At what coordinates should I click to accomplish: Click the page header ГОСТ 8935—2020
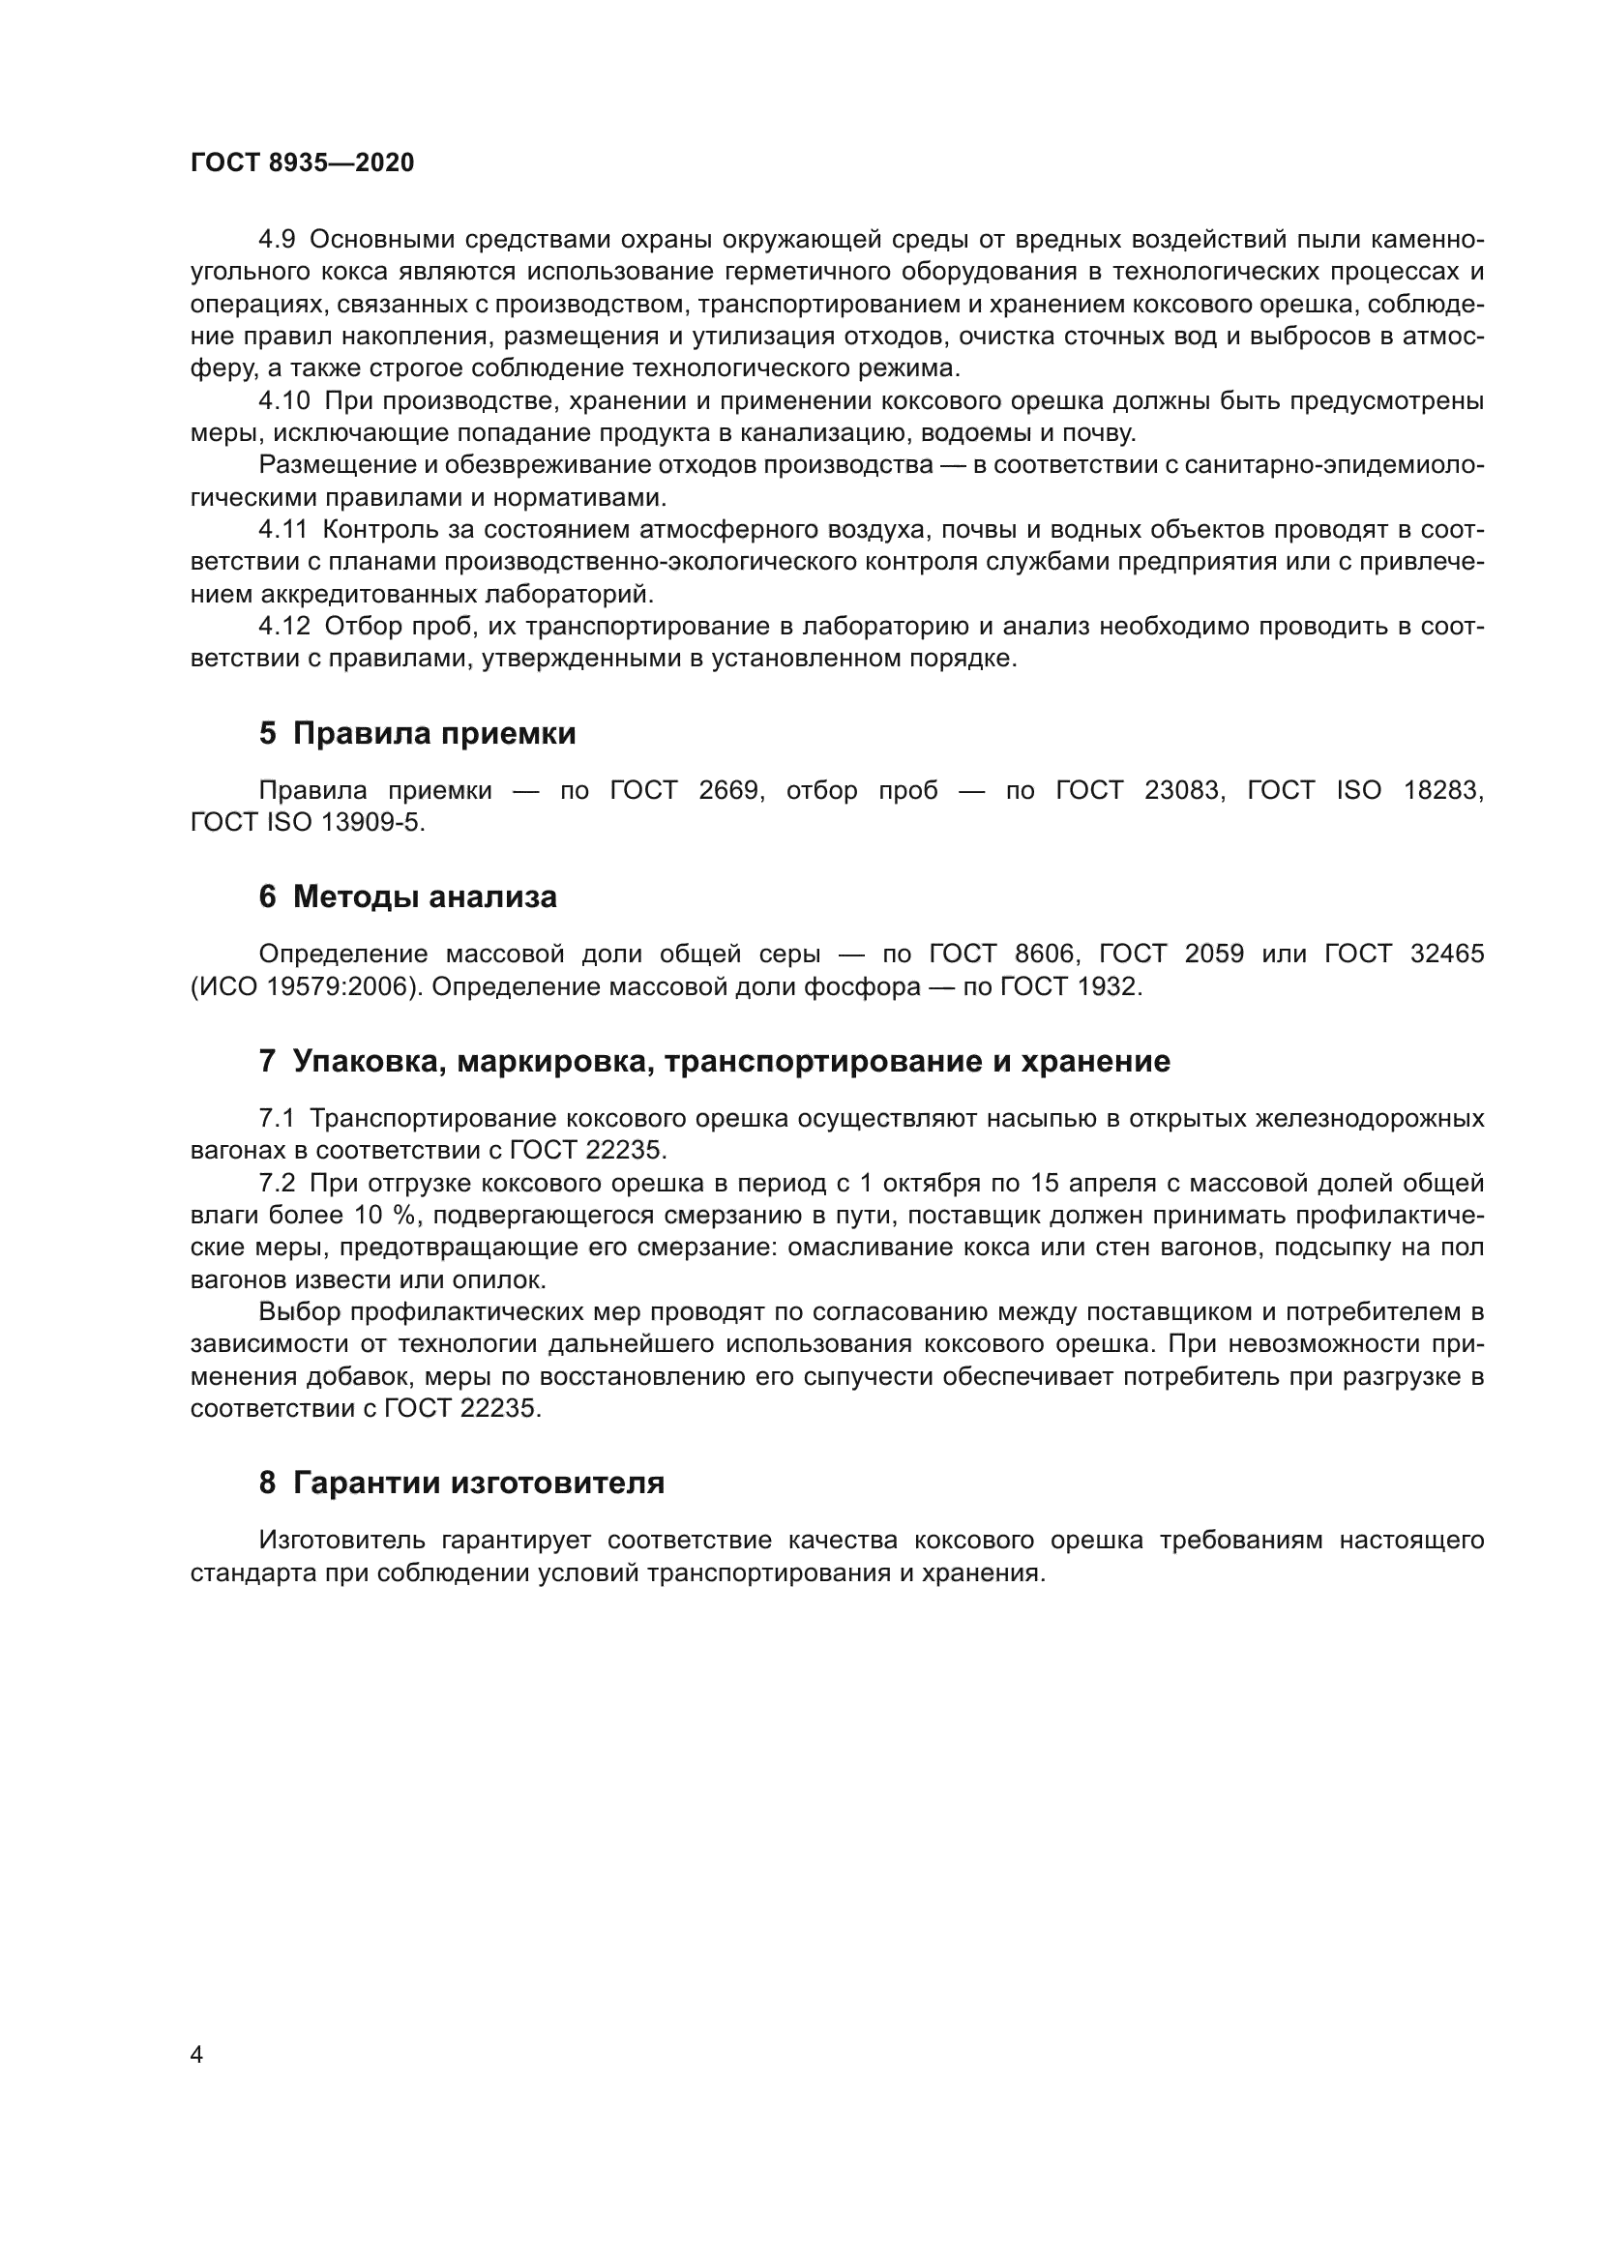pyautogui.click(x=303, y=163)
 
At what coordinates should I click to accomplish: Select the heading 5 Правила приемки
pyautogui.click(x=417, y=734)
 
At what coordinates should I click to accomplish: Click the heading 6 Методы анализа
pyautogui.click(x=408, y=897)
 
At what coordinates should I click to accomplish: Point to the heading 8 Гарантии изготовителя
pyautogui.click(x=461, y=1483)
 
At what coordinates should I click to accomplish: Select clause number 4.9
pyautogui.click(x=276, y=241)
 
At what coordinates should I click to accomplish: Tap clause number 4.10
pyautogui.click(x=283, y=401)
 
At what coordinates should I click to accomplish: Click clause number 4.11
pyautogui.click(x=282, y=530)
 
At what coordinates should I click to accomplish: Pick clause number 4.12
pyautogui.click(x=283, y=627)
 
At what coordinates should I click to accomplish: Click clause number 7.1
pyautogui.click(x=276, y=1118)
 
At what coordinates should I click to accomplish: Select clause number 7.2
pyautogui.click(x=276, y=1183)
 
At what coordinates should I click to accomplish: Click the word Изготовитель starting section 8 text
pyautogui.click(x=341, y=1540)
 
